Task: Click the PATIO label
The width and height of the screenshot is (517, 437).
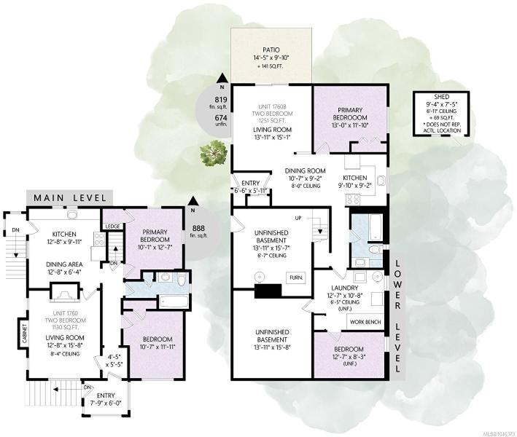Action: point(271,50)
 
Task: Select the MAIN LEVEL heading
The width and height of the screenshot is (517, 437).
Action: point(70,198)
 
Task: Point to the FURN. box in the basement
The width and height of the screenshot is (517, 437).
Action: point(296,277)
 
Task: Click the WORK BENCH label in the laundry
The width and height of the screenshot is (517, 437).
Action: point(365,322)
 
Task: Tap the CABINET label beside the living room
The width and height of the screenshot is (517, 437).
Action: point(25,333)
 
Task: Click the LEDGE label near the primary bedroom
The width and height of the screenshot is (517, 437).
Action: point(113,227)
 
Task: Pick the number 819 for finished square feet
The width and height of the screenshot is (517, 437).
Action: point(221,100)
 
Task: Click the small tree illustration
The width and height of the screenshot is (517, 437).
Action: point(214,153)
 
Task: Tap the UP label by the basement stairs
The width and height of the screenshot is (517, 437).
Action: point(298,218)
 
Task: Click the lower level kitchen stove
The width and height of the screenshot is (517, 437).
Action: point(353,200)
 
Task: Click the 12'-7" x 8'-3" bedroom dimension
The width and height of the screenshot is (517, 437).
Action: point(349,357)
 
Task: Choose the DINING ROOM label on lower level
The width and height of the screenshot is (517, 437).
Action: point(305,171)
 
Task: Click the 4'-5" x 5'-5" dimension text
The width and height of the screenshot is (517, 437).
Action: point(113,361)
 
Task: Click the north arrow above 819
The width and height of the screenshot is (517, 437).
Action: point(222,79)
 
